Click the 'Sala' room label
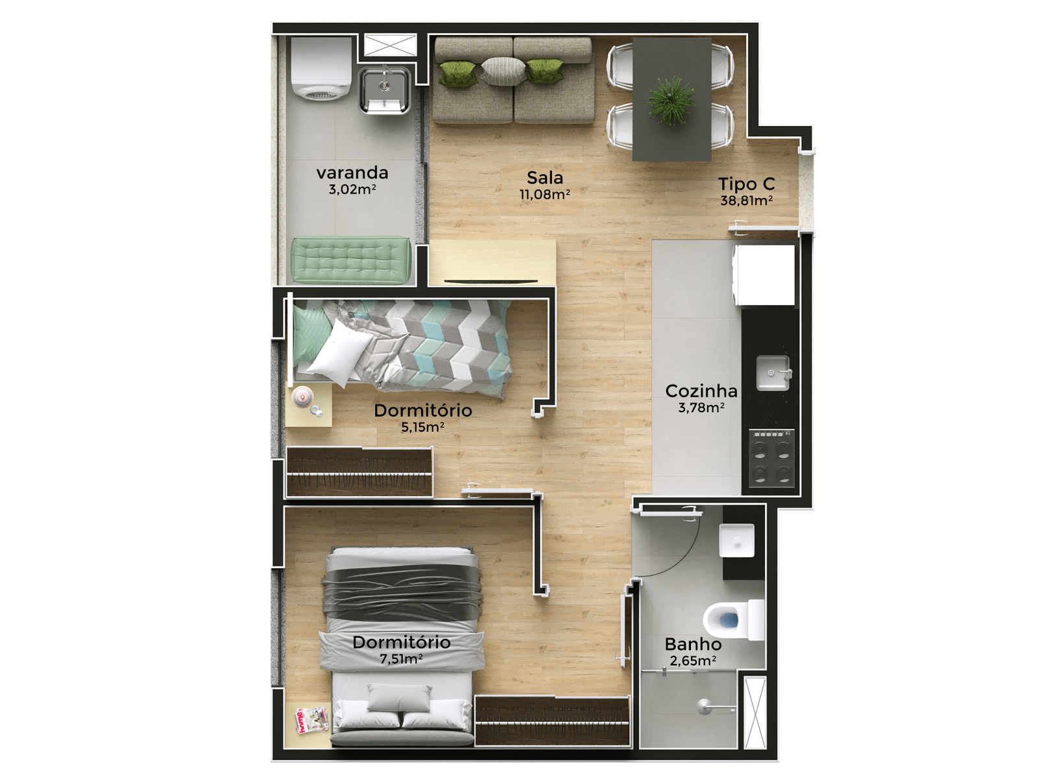coord(545,178)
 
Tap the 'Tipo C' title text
coord(746,184)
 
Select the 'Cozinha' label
coord(701,391)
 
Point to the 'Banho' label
coord(693,644)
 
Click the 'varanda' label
coord(352,173)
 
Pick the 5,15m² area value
coord(422,427)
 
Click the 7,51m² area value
coord(401,659)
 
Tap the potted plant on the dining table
coord(671,101)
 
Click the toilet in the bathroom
coord(734,619)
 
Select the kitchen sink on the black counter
coord(773,373)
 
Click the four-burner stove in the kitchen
coord(771,458)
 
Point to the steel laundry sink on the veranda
coord(384,90)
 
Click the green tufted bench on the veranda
coord(350,260)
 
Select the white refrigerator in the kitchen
coord(763,275)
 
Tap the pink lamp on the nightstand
coord(303,397)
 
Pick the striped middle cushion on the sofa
coord(503,71)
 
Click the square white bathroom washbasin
coord(737,540)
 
